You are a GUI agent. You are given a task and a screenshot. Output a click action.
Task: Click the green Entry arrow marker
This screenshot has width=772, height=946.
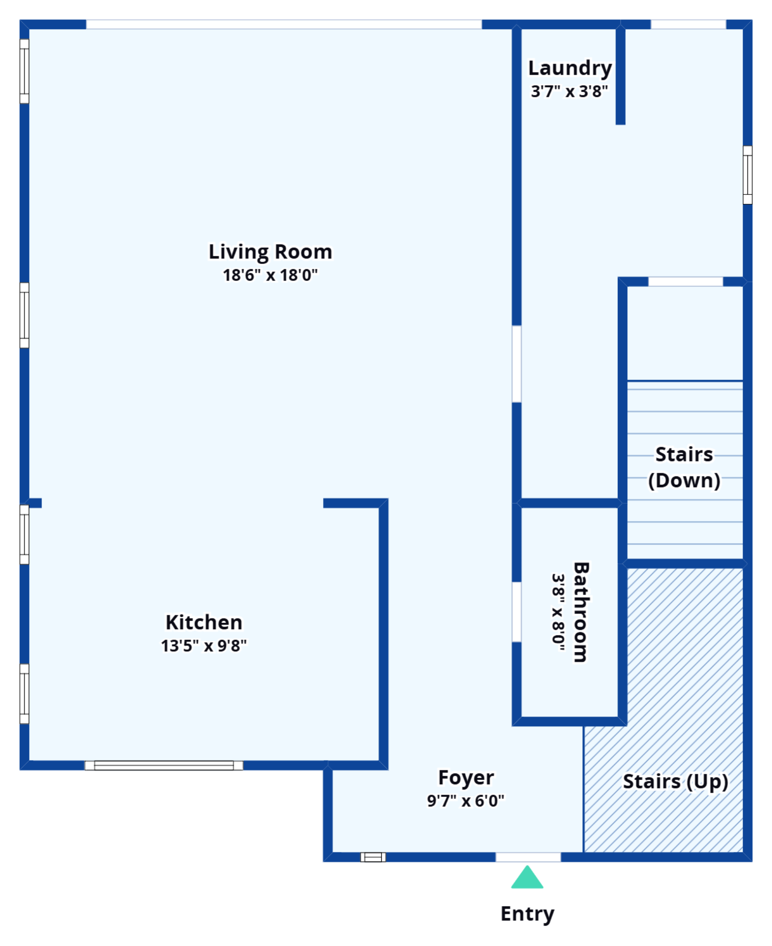click(x=527, y=878)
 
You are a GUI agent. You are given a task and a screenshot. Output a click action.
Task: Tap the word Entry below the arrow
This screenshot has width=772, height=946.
click(x=527, y=914)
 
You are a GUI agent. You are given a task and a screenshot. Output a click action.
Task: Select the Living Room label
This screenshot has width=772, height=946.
click(x=270, y=252)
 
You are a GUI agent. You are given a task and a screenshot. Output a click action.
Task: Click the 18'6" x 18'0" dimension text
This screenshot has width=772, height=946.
click(x=270, y=275)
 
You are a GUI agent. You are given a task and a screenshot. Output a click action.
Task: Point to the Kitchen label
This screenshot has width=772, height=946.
click(x=204, y=622)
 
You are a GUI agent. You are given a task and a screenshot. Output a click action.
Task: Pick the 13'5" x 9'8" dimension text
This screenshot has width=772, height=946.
click(x=204, y=646)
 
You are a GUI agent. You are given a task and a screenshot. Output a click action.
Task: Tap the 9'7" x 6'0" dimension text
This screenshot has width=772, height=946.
click(x=465, y=801)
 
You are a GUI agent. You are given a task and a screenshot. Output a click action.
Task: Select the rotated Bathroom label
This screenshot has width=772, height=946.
click(x=581, y=612)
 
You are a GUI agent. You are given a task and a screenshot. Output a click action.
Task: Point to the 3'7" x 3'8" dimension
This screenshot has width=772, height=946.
click(x=570, y=91)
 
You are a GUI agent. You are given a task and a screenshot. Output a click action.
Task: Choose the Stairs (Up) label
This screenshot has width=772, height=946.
click(x=675, y=782)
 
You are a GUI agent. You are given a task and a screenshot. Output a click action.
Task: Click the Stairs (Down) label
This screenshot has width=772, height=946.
click(x=684, y=467)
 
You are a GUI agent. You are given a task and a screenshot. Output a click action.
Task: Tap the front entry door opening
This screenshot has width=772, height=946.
click(x=528, y=857)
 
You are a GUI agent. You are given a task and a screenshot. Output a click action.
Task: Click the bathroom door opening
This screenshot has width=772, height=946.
click(x=517, y=612)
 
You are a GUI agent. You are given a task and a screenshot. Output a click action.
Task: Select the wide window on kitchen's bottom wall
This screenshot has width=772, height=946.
click(x=164, y=765)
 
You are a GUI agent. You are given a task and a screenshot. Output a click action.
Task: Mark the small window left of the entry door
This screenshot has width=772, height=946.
click(x=373, y=857)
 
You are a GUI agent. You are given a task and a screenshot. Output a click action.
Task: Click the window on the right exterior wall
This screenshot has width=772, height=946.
click(x=747, y=175)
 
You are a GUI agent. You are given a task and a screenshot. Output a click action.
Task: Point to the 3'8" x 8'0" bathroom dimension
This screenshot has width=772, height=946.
click(x=559, y=612)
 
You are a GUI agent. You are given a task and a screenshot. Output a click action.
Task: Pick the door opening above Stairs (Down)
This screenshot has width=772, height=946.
click(x=685, y=282)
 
